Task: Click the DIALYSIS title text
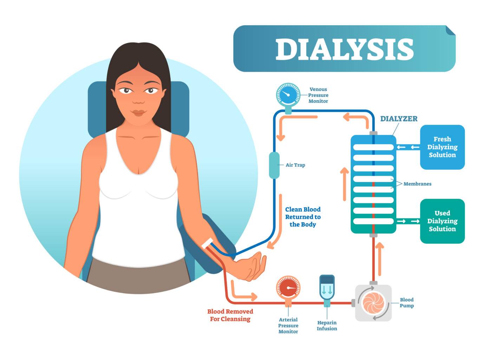pos(344,49)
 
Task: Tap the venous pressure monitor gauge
pos(288,95)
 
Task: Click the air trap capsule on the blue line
pos(274,165)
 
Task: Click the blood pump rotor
pos(373,303)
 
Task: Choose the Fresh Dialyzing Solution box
pos(442,147)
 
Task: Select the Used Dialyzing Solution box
pos(442,221)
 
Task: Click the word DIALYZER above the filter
pos(399,119)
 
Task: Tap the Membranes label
pos(417,184)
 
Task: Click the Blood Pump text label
pos(407,303)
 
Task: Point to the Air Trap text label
pos(295,165)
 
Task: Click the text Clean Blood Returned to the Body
pos(303,217)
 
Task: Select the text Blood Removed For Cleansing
pos(230,315)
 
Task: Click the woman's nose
pos(138,99)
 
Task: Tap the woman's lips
pos(138,113)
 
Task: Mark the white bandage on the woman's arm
pos(207,243)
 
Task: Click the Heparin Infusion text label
pos(327,326)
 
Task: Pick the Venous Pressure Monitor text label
pos(318,95)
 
